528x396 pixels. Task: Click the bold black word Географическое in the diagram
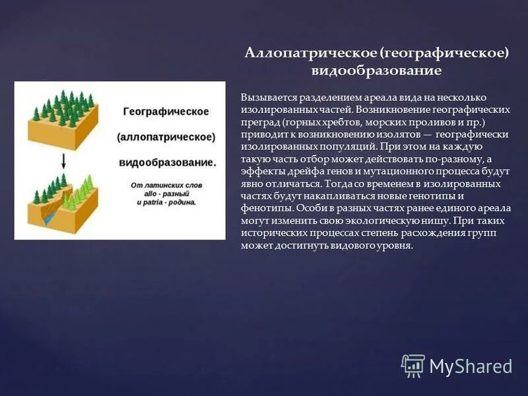166,112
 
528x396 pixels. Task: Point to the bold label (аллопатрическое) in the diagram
166,137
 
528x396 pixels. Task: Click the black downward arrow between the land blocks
64,160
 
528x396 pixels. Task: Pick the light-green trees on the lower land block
82,186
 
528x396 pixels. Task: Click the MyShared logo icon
413,365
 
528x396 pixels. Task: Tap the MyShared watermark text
471,366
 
